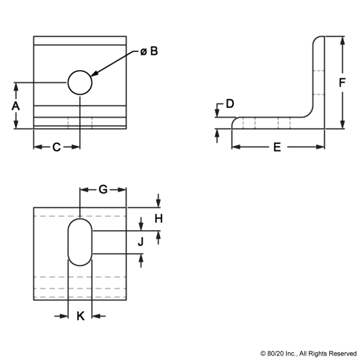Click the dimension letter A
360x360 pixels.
15,106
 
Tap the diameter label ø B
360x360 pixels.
149,51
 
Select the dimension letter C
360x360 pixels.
57,147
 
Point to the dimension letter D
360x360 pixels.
230,104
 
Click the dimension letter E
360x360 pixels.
277,147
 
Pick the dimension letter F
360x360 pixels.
342,83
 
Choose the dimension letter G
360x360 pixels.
103,190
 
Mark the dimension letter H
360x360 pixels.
158,219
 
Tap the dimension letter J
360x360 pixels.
141,242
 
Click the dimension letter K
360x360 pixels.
80,316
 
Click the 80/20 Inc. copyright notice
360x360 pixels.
309,354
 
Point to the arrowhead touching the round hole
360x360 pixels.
95,74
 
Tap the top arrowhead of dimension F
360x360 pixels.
342,40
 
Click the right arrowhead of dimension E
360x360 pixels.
320,147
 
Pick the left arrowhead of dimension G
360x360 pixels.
84,190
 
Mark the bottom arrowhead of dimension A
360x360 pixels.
15,125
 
